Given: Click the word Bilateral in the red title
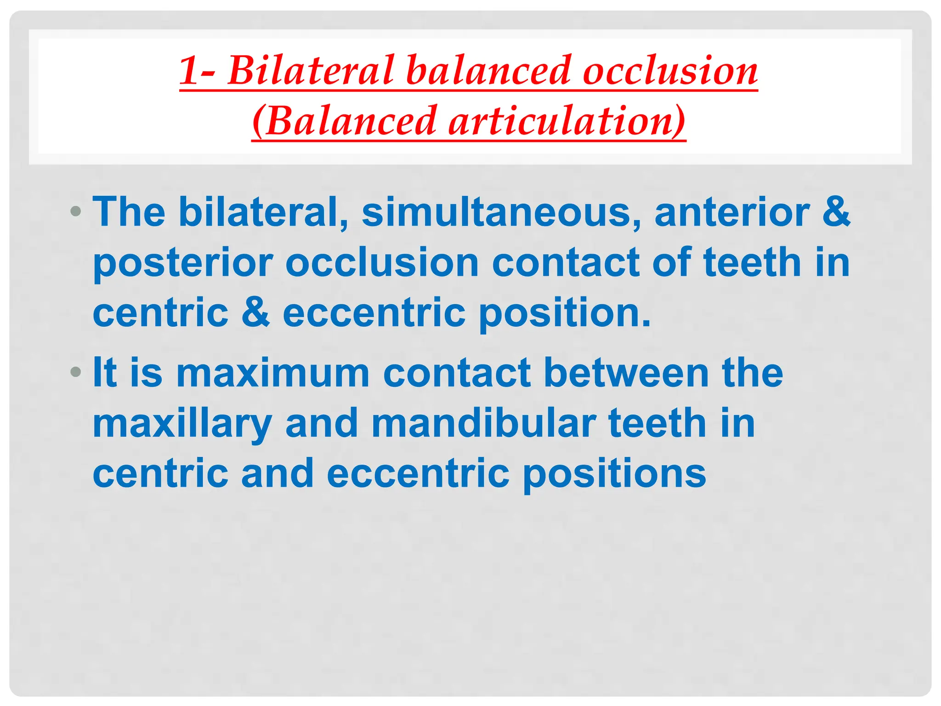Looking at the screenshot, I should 311,71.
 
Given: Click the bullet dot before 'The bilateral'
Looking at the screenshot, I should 76,212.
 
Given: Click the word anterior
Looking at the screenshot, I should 732,212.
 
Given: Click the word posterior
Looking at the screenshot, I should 183,263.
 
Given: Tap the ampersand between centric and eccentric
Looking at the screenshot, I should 255,313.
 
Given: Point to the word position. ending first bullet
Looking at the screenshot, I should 565,313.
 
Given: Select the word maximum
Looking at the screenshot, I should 273,373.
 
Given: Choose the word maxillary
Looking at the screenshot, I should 182,424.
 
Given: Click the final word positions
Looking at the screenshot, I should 614,475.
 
